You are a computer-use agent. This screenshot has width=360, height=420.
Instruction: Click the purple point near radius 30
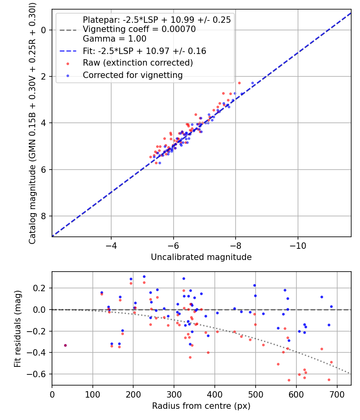tap(65, 345)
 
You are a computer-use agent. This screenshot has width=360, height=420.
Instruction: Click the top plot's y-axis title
tap(32, 123)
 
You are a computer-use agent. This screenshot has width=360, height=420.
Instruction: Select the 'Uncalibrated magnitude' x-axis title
tap(201, 257)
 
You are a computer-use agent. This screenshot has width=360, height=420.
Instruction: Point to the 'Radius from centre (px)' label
tap(201, 406)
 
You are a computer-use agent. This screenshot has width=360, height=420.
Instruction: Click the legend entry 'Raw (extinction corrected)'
tap(138, 63)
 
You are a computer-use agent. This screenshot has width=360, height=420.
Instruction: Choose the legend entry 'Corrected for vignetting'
tap(132, 75)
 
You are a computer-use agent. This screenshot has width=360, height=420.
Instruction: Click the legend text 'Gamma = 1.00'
tap(114, 39)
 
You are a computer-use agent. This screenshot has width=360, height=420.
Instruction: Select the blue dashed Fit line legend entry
tap(144, 51)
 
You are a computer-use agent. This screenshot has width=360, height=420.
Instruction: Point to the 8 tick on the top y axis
tap(44, 216)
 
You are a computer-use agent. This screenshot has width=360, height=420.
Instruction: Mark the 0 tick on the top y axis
tap(44, 30)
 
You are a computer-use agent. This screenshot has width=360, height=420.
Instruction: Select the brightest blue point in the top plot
tap(252, 83)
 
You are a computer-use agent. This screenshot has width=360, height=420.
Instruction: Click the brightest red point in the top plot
tap(239, 83)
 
